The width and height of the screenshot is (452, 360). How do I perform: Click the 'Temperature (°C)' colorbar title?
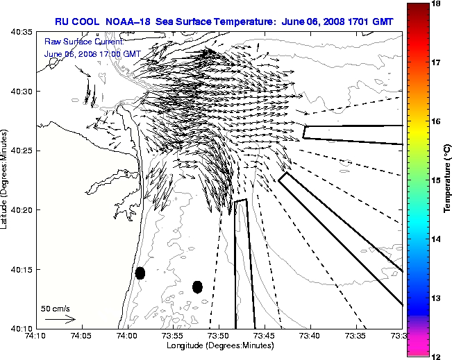pyautogui.click(x=448, y=180)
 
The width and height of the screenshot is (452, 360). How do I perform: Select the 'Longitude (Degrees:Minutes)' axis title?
pyautogui.click(x=219, y=345)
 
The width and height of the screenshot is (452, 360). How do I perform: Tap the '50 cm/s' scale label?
pyautogui.click(x=55, y=308)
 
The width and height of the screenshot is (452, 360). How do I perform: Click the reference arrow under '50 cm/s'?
pyautogui.click(x=60, y=319)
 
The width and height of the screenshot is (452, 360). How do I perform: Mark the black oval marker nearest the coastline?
pyautogui.click(x=140, y=273)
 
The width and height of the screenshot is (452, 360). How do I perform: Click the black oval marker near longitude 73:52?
pyautogui.click(x=197, y=286)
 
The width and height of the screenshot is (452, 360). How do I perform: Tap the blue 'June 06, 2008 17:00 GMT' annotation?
pyautogui.click(x=92, y=53)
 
